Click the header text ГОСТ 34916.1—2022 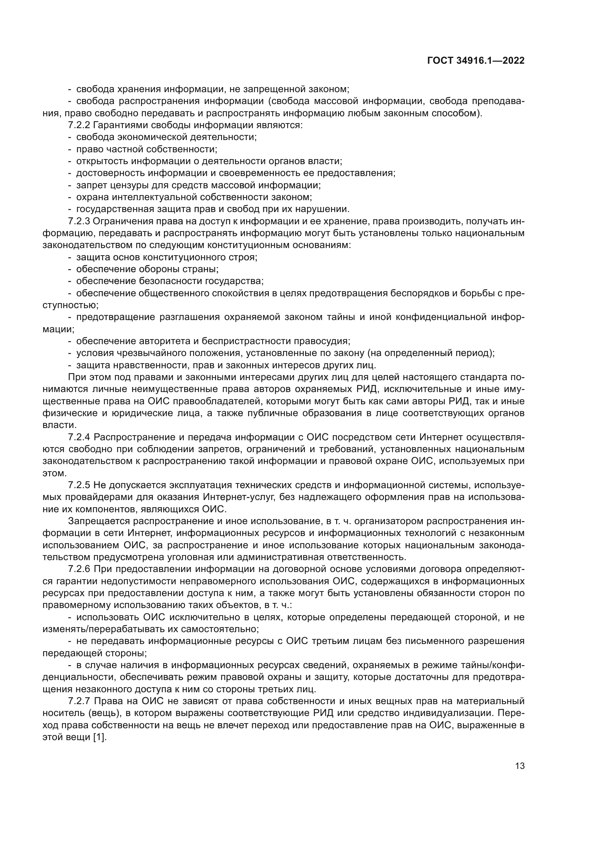click(x=476, y=61)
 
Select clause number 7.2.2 click(x=79, y=125)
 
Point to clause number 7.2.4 click(x=79, y=437)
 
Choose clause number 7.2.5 click(x=79, y=485)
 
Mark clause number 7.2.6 click(x=79, y=569)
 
